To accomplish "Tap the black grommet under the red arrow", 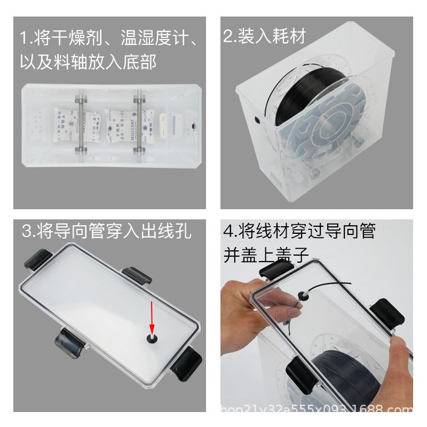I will tap(152, 338).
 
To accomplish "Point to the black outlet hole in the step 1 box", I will tap(193, 126).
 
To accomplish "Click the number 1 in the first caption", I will tap(23, 38).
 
